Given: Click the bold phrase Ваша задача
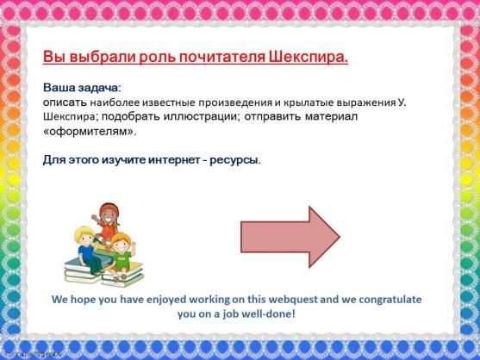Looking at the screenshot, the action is pyautogui.click(x=80, y=88).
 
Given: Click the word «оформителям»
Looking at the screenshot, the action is pyautogui.click(x=90, y=132).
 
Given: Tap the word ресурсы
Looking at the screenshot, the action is pyautogui.click(x=235, y=160).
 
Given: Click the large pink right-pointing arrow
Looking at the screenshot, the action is pyautogui.click(x=290, y=237).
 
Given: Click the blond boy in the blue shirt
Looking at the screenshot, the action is pyautogui.click(x=88, y=249).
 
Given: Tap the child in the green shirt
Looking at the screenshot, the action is pyautogui.click(x=122, y=257).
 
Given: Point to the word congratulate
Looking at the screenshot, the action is pyautogui.click(x=390, y=300).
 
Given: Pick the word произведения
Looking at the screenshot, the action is pyautogui.click(x=234, y=102).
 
